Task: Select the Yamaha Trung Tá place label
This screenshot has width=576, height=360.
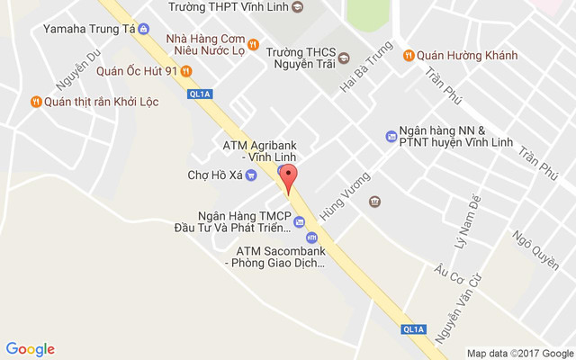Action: tap(89, 29)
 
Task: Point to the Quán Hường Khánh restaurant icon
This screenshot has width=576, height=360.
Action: tap(409, 54)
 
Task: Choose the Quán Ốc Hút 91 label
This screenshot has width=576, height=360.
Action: tap(136, 71)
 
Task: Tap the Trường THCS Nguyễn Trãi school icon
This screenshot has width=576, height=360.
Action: tap(344, 61)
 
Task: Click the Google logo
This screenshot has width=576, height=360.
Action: tap(31, 349)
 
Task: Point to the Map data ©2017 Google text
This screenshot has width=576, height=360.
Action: tap(520, 353)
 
